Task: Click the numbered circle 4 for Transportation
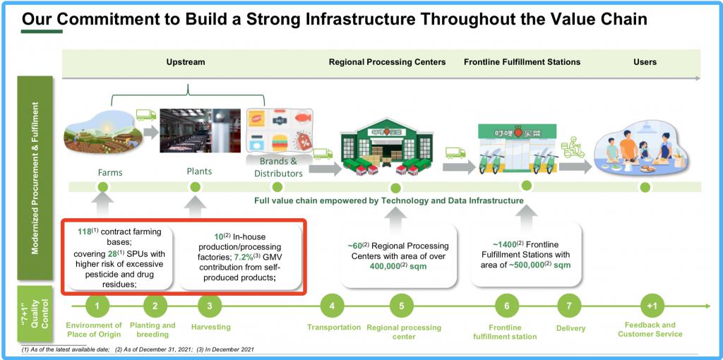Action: coord(332,306)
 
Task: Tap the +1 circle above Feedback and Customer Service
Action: coord(651,306)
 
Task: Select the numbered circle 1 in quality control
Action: coord(97,306)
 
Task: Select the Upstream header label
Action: coord(186,62)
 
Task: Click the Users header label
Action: coord(645,62)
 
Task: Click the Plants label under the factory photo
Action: coord(199,171)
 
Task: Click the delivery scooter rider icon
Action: coord(572,148)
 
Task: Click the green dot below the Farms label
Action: coord(103,187)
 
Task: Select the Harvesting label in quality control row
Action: coord(210,327)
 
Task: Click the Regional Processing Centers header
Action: coord(387,62)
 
